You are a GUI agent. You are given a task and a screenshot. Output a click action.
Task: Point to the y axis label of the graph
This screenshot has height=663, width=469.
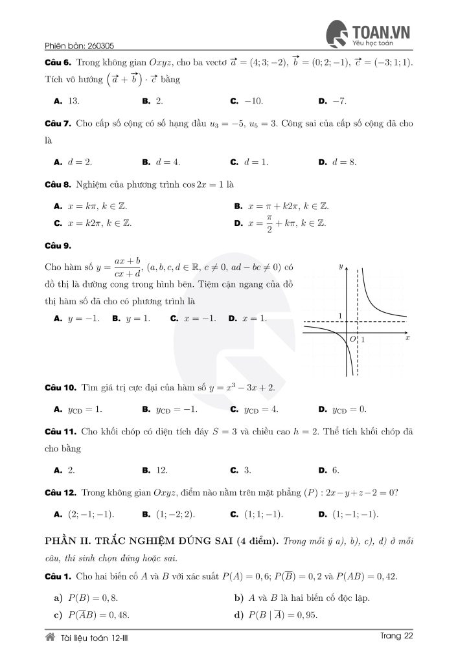tap(340, 266)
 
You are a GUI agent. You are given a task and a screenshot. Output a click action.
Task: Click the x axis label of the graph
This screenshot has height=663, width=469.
tap(407, 338)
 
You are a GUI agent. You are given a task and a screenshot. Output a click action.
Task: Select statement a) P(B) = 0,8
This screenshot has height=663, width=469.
tap(90, 598)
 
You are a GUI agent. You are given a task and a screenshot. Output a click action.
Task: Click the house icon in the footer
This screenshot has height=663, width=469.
tap(50, 637)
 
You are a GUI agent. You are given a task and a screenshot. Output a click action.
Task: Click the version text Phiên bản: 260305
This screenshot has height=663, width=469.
tap(80, 46)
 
